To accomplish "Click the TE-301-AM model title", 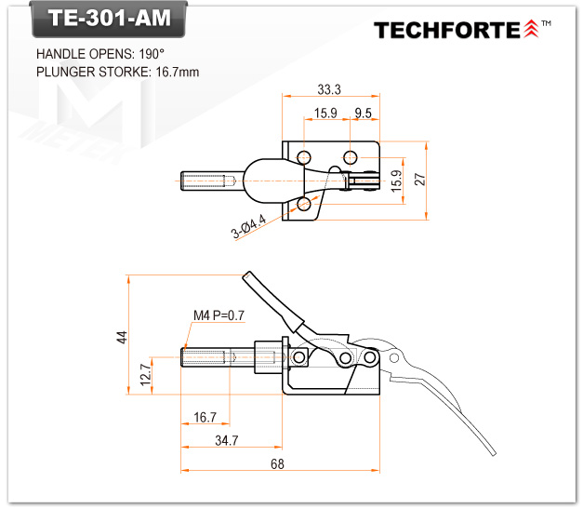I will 101,19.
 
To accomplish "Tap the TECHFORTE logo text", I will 447,30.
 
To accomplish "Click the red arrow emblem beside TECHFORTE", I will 531,29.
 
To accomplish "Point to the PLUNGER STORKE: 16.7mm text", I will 117,72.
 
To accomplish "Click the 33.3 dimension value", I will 329,89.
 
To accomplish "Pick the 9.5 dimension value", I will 364,114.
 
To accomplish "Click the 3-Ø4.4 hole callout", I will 250,226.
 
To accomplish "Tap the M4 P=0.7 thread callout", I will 219,315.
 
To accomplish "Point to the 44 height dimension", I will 121,337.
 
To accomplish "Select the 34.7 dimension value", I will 226,438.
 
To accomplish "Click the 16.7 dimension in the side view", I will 205,417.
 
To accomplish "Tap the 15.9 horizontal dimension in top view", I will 325,114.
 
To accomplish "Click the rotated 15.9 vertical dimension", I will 397,181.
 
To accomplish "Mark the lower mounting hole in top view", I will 304,204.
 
